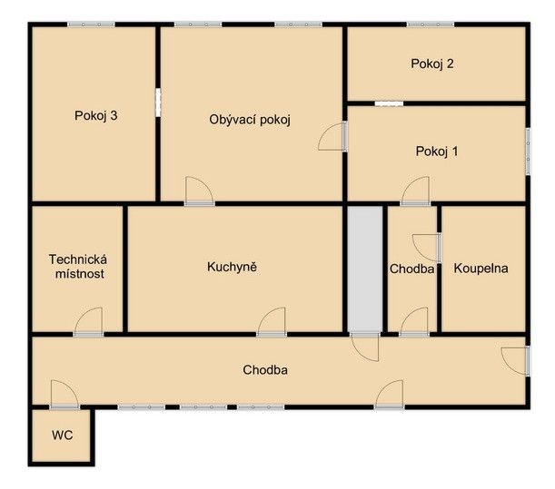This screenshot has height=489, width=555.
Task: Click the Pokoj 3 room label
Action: (x=96, y=115)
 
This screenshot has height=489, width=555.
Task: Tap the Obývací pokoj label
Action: (x=250, y=120)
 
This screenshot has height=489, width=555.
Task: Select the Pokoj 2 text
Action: (x=432, y=64)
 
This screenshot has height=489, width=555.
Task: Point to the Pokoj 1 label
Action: (x=437, y=152)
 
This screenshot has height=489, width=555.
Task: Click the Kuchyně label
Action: (x=232, y=267)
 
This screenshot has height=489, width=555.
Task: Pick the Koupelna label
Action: (x=481, y=269)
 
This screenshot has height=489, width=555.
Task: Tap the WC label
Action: (x=63, y=435)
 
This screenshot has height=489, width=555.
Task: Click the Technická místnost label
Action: (x=78, y=267)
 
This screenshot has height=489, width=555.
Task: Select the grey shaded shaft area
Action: (x=365, y=269)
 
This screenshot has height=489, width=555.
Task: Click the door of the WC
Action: (x=64, y=395)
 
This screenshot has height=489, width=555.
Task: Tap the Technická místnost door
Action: (x=88, y=322)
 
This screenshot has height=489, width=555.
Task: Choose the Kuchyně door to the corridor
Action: (x=272, y=322)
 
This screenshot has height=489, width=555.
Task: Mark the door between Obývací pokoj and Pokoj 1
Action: (x=333, y=136)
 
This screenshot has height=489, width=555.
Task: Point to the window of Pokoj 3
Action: (x=92, y=24)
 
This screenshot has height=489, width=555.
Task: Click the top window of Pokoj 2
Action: (x=431, y=24)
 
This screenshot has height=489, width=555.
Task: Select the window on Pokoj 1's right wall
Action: (x=528, y=152)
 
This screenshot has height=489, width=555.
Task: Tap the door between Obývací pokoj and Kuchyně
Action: (x=200, y=191)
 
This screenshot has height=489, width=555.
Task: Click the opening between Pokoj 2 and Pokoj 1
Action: (x=389, y=103)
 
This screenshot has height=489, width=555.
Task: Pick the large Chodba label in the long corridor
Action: (x=265, y=370)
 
